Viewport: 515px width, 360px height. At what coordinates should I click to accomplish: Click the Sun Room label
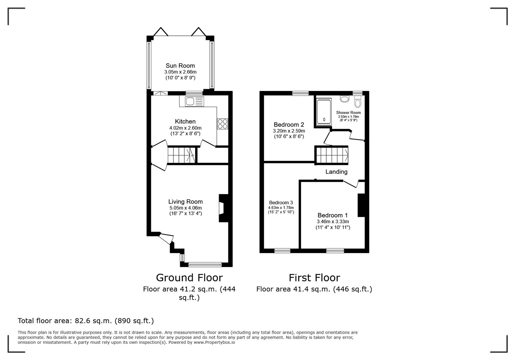coord(180,66)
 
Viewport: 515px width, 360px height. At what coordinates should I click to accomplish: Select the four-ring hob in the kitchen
coord(222,124)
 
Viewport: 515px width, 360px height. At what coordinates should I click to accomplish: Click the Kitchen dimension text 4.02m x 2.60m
coord(185,128)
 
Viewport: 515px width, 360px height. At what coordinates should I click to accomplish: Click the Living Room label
coord(185,202)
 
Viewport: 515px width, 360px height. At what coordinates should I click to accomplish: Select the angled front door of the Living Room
coord(166,238)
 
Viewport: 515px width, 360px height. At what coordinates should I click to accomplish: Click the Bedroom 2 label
coord(289,125)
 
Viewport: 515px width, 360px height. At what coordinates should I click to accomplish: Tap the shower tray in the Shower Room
coord(324,111)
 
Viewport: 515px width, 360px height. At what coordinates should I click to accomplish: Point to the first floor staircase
coord(332,155)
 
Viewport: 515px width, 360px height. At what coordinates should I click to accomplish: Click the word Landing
coord(336,172)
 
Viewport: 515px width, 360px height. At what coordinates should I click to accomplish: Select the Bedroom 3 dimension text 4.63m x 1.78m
coord(281,208)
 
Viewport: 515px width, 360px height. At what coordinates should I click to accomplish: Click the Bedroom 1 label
coord(332,215)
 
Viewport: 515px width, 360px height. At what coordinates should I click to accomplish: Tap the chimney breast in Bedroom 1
coord(361,205)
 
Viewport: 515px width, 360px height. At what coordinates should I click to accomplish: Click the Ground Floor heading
coord(189,278)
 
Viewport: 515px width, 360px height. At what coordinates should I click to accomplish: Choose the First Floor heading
coord(314,278)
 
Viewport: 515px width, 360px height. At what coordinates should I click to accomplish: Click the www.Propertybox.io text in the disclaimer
coord(214,342)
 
